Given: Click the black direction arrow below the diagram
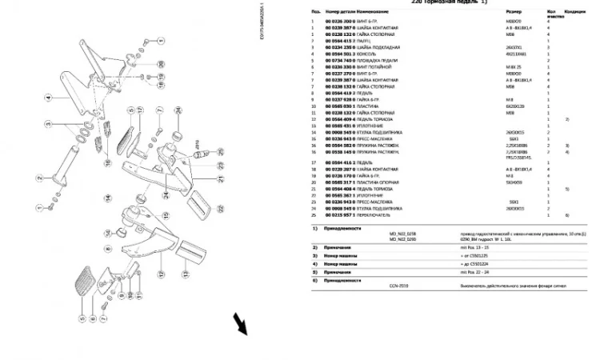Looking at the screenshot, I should [239, 324].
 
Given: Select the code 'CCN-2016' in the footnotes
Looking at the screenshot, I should [398, 284].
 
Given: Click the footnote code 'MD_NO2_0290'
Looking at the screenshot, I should [403, 239].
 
